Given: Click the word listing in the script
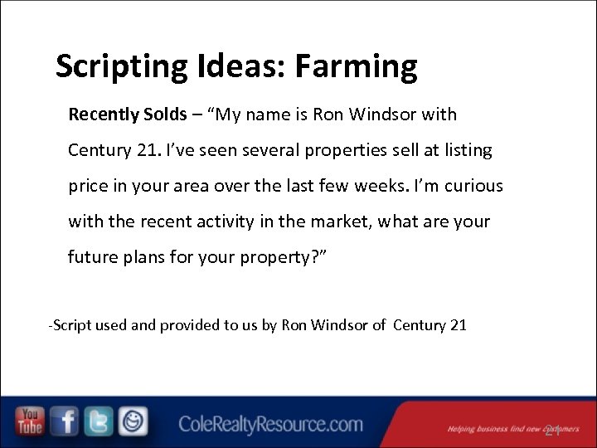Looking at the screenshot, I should coord(466,150).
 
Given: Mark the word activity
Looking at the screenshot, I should coord(235,222).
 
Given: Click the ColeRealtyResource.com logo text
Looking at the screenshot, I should coord(270,425).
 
